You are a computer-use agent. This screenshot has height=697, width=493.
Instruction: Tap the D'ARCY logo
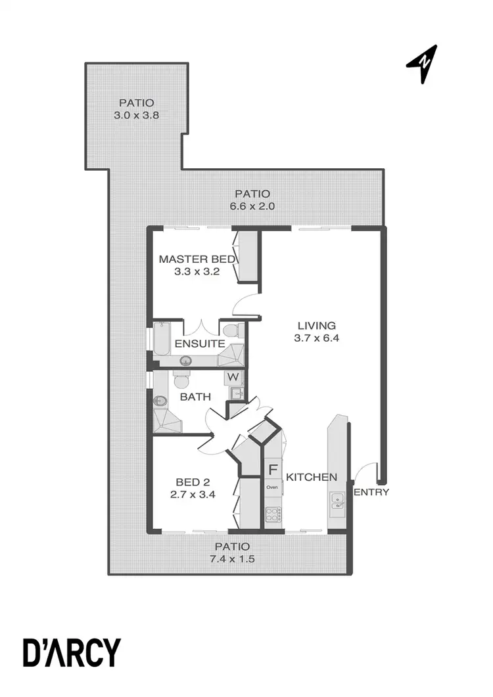[73, 652]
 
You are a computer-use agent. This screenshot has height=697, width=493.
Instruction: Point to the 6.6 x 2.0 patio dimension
[252, 206]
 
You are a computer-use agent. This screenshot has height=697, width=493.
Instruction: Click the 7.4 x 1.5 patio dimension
[232, 559]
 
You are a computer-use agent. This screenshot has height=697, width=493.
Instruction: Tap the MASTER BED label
[198, 259]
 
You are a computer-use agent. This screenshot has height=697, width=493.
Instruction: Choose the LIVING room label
[316, 325]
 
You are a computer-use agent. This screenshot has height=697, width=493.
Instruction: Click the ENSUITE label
[200, 344]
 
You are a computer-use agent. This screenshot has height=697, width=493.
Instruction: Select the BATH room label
[195, 397]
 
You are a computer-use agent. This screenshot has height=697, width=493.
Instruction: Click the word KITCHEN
[312, 477]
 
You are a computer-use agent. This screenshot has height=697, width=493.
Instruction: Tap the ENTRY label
[371, 492]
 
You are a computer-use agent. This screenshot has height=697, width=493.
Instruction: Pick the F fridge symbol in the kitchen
[272, 470]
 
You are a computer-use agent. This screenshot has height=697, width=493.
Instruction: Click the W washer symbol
[233, 378]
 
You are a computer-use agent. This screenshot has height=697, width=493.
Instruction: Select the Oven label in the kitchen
[272, 487]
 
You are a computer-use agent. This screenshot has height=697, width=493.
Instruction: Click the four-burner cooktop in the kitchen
[272, 516]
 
